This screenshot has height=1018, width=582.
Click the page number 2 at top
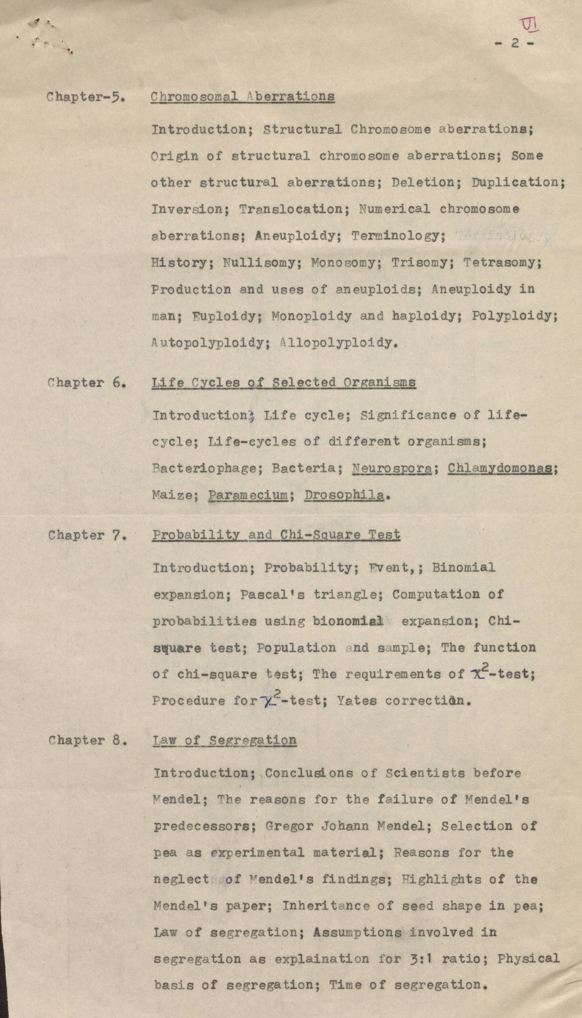coord(515,43)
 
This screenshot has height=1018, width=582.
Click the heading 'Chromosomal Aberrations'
coord(242,97)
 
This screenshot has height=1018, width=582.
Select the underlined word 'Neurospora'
coord(392,468)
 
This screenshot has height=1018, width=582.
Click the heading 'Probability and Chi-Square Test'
coord(276,535)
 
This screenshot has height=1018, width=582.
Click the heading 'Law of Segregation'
coord(225,740)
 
